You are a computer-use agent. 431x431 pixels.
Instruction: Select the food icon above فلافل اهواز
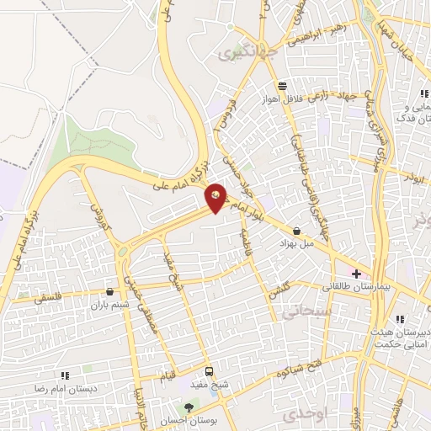click(x=283, y=86)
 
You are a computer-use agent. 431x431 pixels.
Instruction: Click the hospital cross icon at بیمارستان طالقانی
click(x=357, y=274)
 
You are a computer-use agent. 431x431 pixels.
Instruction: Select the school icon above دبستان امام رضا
click(x=64, y=375)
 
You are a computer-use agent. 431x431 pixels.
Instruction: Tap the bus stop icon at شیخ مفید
click(x=209, y=371)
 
